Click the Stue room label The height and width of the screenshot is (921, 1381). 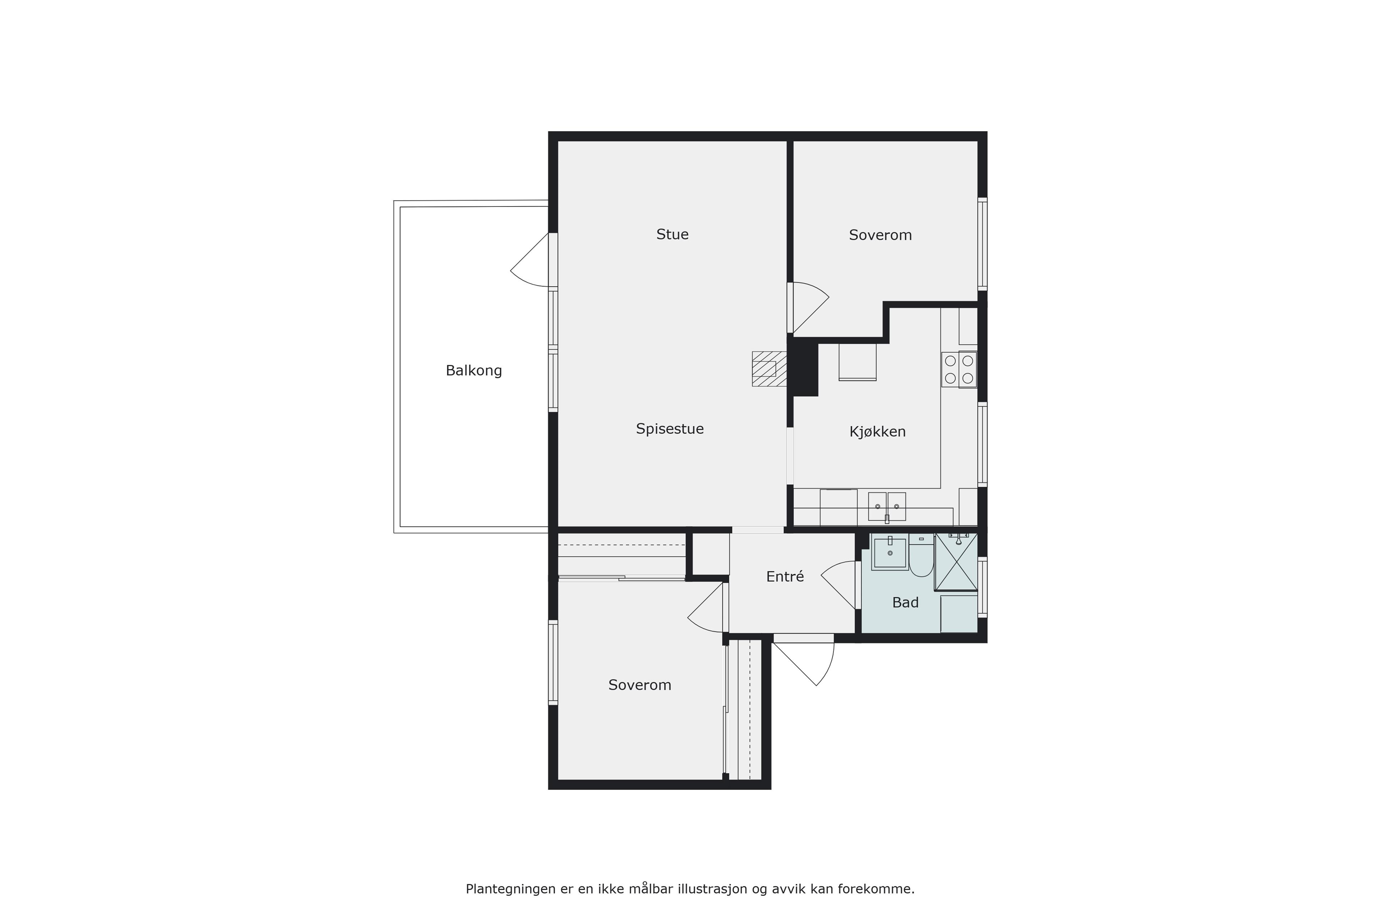coord(672,234)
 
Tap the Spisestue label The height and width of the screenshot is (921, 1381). coord(670,429)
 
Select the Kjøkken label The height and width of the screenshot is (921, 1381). coord(877,432)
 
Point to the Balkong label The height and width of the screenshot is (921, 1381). coord(474,371)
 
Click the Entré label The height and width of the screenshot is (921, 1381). coord(785,577)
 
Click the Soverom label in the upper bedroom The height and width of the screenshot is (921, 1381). coord(880,235)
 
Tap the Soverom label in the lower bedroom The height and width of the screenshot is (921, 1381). coord(639,685)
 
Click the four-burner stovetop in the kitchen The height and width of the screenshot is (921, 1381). coord(959,369)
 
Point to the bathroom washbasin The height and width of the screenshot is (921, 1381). coord(890,552)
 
